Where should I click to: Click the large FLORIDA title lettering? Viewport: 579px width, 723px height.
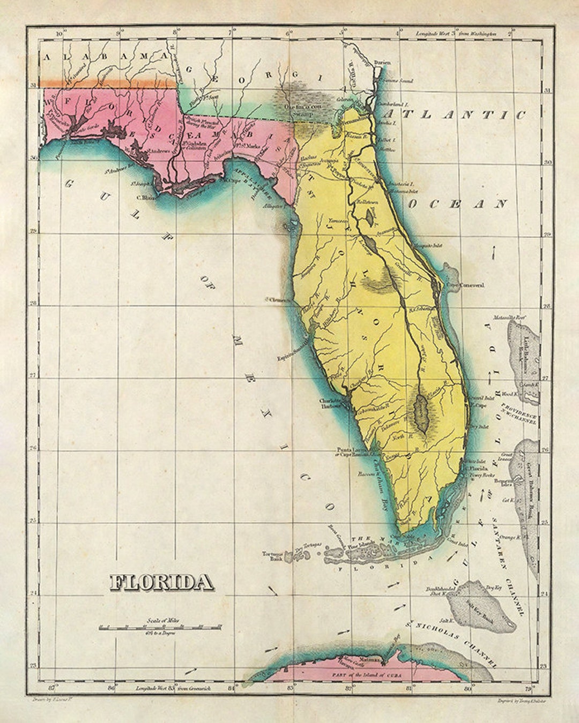click(160, 582)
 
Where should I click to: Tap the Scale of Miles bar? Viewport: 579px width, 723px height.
click(160, 627)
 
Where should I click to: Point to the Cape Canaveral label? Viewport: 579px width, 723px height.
click(465, 285)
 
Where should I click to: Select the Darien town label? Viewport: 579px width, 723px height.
click(382, 63)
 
